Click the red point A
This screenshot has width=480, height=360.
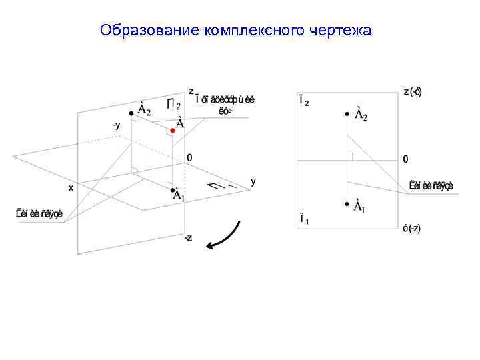172,131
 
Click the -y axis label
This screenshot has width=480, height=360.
116,125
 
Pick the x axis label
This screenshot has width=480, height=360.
71,188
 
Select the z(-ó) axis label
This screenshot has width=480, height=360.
412,92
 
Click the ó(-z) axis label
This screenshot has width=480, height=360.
411,228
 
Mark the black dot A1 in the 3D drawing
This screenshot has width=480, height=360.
171,189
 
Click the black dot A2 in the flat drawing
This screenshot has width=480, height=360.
347,114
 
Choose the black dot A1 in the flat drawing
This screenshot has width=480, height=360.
347,204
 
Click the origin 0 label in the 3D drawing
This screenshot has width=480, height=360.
189,158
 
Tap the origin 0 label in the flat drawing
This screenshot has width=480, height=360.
406,160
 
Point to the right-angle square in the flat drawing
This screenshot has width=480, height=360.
350,157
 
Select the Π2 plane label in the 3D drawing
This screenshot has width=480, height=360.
173,105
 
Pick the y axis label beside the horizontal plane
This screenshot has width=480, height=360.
253,181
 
